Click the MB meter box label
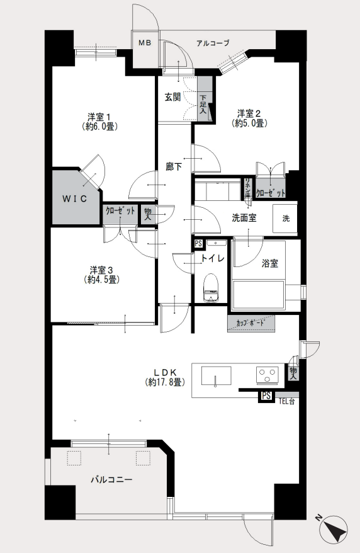(x=144, y=43)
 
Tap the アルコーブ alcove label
(x=213, y=43)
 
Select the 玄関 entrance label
(x=173, y=97)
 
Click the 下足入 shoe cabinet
(x=205, y=99)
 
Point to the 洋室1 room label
(x=99, y=117)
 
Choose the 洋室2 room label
(x=249, y=114)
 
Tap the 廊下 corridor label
(x=174, y=166)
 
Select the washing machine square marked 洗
(x=285, y=219)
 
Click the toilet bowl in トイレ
(x=211, y=288)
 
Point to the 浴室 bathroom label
(x=270, y=263)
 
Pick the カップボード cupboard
(x=250, y=323)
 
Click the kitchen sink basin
(x=217, y=375)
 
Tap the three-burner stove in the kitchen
(x=267, y=374)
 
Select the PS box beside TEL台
(x=266, y=396)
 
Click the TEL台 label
(x=286, y=401)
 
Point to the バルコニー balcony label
(x=111, y=480)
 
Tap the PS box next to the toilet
(x=198, y=243)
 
